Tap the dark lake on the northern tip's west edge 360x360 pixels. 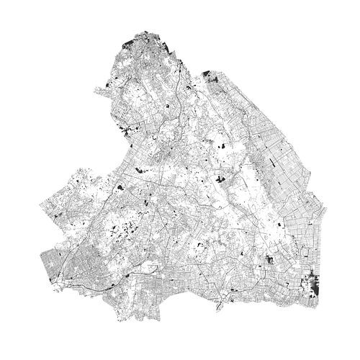click(129, 42)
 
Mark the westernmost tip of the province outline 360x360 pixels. click(39, 207)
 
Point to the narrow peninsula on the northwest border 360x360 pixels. click(94, 89)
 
